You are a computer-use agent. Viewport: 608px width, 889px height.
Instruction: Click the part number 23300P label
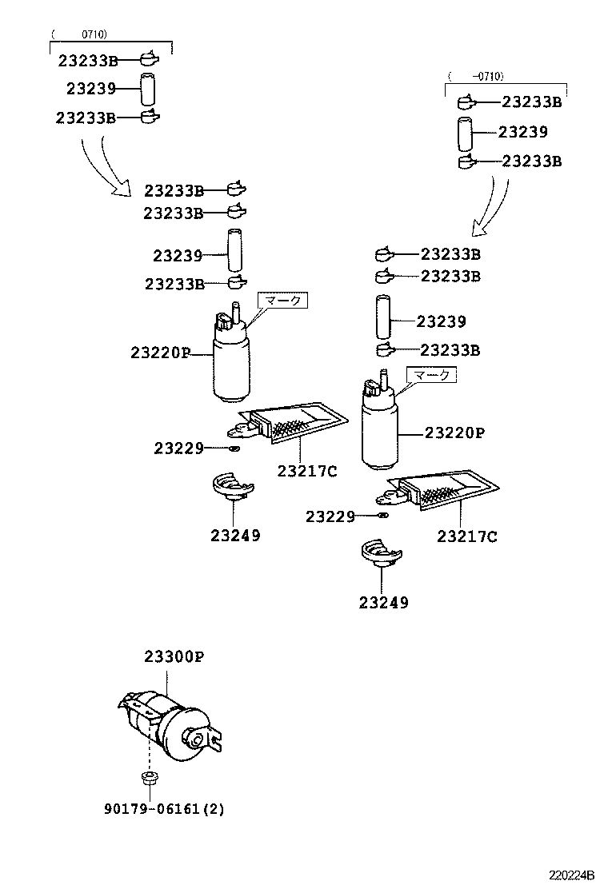174,657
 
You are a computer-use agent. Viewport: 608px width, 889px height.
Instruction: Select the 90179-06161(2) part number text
164,808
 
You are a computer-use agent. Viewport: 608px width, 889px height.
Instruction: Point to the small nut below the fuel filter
146,777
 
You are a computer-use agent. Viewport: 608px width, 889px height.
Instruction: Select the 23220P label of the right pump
454,433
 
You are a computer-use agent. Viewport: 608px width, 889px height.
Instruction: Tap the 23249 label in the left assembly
235,536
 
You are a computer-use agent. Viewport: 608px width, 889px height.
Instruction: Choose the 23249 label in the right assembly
383,602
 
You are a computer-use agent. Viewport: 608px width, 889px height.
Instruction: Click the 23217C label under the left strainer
307,471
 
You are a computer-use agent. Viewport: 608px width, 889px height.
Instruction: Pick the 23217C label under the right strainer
466,536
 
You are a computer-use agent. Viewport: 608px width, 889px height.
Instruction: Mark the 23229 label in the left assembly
179,448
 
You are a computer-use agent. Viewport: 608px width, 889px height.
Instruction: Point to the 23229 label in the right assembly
330,516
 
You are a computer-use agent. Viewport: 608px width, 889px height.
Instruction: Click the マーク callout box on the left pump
282,301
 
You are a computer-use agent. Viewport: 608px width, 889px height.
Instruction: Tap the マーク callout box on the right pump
431,374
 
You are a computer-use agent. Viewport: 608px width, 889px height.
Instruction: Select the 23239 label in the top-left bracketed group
91,89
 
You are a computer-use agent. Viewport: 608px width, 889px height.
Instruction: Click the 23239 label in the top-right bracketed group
522,132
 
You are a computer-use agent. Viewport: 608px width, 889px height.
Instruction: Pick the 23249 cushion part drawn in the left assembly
231,488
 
